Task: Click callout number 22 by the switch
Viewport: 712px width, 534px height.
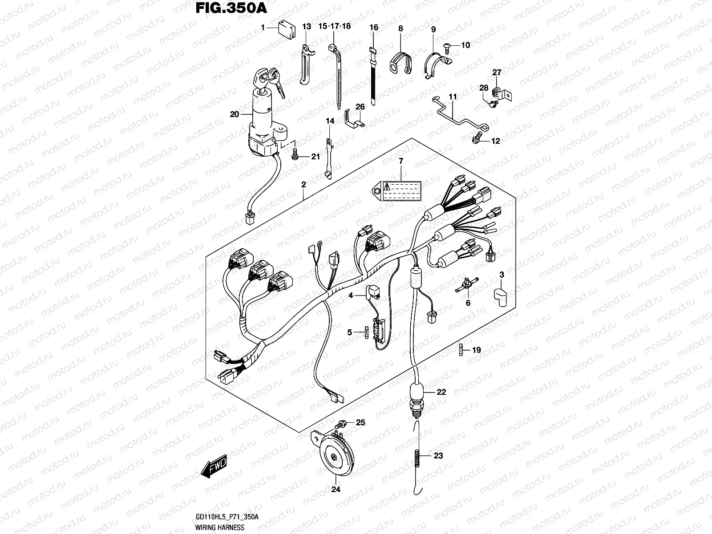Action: click(x=441, y=392)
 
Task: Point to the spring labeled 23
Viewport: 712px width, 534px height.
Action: click(x=417, y=456)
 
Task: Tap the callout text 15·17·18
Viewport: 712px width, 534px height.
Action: click(x=334, y=26)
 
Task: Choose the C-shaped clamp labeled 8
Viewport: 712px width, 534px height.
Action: click(x=400, y=62)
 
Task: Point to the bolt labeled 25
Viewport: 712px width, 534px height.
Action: click(x=342, y=423)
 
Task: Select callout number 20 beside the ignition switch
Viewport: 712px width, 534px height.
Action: click(x=235, y=114)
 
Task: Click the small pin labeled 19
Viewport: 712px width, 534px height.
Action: click(x=461, y=350)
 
